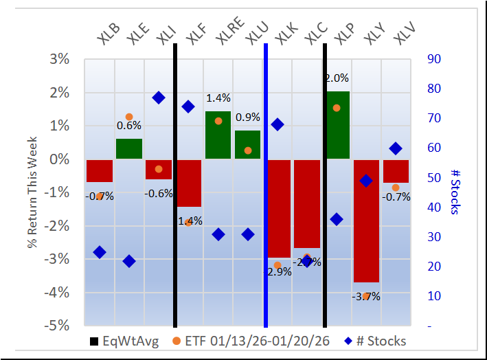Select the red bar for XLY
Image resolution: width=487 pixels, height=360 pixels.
(365, 220)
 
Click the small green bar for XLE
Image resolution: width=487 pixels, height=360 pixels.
(128, 148)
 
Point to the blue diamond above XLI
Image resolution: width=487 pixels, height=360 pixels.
(158, 98)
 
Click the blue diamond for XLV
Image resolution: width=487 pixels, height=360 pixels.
(395, 148)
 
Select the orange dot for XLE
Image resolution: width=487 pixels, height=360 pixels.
(128, 117)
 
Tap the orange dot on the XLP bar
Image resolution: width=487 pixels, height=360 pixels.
(336, 108)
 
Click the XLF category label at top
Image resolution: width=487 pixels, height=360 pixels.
(190, 34)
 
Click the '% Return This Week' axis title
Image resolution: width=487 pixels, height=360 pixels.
(33, 192)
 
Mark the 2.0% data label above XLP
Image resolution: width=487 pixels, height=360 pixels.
(336, 78)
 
